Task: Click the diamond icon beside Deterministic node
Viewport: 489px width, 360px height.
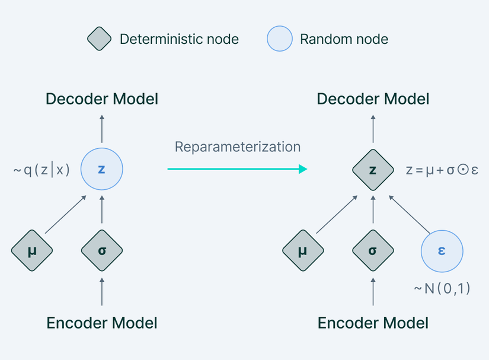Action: click(99, 39)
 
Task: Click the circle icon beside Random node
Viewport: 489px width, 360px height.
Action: click(280, 39)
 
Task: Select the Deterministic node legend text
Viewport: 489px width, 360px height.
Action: click(179, 40)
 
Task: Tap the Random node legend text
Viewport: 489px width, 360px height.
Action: click(344, 40)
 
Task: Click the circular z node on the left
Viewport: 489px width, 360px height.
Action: click(101, 170)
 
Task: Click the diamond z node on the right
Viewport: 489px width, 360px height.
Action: click(373, 170)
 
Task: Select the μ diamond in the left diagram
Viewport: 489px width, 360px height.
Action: click(32, 251)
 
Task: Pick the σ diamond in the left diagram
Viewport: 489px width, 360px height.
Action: click(102, 251)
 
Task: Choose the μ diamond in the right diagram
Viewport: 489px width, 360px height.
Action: click(303, 251)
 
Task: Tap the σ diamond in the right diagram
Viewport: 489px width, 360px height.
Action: click(373, 251)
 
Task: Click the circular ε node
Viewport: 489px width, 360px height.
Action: click(442, 251)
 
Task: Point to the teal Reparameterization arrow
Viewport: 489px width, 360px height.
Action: click(237, 170)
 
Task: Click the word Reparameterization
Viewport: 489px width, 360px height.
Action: click(237, 146)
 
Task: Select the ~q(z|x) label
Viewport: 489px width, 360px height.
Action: click(41, 170)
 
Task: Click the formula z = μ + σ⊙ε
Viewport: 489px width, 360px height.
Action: click(442, 171)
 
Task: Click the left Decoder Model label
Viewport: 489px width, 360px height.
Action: click(102, 98)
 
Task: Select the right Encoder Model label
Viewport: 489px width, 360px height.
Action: click(373, 323)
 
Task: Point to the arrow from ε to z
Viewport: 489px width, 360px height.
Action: click(409, 214)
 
